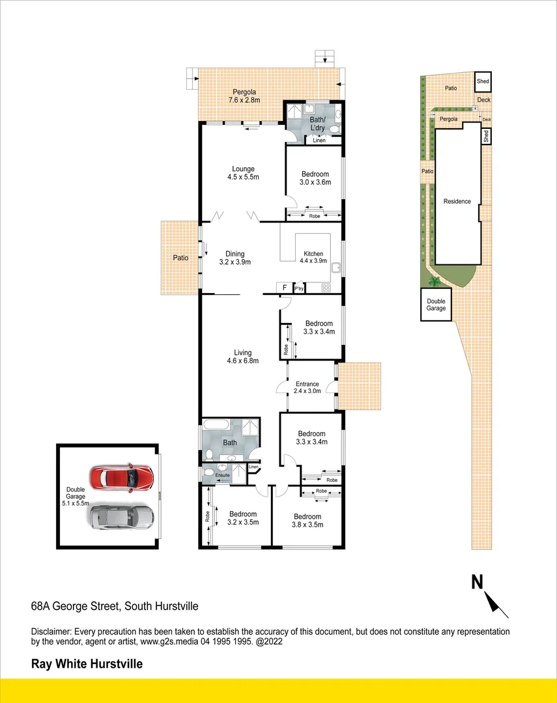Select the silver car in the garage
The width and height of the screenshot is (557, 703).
[x=121, y=517]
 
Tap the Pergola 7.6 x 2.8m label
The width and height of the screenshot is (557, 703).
[x=244, y=96]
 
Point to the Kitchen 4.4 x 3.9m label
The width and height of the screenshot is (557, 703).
[x=314, y=258]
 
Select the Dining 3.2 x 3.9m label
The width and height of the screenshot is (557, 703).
[x=235, y=258]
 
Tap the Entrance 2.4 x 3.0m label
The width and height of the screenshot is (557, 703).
[x=307, y=387]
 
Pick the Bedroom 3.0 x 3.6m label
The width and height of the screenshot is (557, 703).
[x=315, y=178]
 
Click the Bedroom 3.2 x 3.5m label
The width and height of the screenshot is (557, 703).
[x=243, y=518]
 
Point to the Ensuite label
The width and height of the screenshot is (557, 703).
[x=223, y=476]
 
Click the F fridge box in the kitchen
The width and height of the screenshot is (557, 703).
[x=285, y=288]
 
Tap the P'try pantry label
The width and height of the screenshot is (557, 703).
[x=299, y=288]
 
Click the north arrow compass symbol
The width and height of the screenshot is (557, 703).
[x=491, y=594]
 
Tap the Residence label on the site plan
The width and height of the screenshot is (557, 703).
[x=457, y=202]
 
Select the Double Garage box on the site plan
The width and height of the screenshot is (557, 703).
[x=436, y=305]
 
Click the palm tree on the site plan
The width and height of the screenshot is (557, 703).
[x=433, y=281]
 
